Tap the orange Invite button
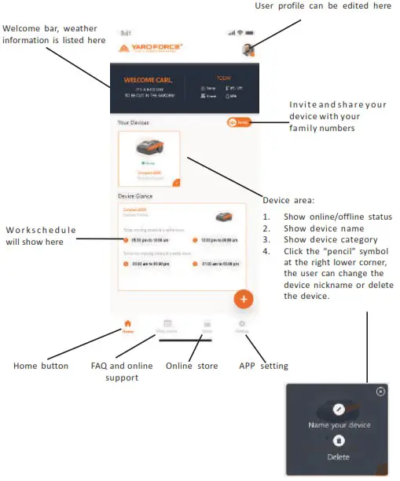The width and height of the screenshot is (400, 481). point(240,122)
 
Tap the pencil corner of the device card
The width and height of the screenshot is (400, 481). point(176,183)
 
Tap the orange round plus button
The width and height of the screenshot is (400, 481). point(244,299)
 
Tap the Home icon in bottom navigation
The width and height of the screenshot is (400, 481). point(128,324)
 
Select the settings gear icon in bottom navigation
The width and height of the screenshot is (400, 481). point(242,324)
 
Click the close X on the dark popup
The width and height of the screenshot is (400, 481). point(380,391)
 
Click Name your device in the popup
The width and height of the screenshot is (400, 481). point(339,425)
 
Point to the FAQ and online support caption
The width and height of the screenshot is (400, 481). point(121,372)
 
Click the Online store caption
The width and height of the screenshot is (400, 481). point(189,366)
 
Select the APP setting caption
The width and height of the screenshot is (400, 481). point(263,366)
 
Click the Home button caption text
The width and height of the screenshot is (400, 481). point(41,366)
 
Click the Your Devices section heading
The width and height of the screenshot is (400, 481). point(133,123)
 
